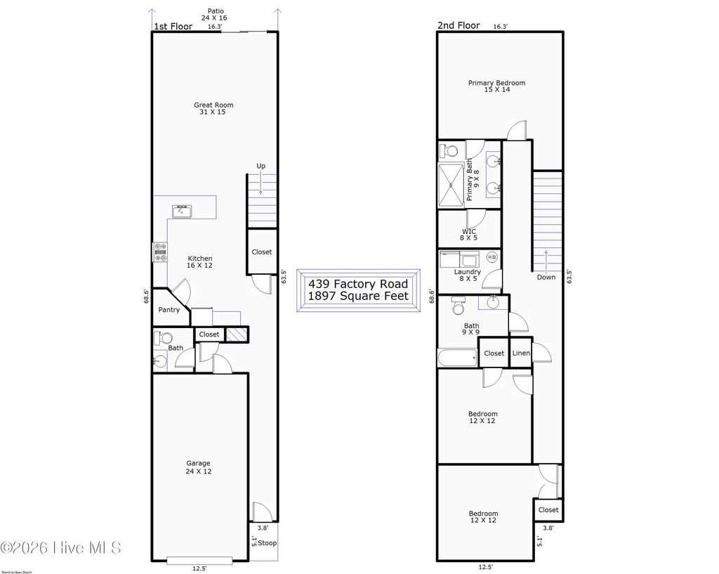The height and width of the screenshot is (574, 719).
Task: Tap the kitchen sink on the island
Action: pos(182,211)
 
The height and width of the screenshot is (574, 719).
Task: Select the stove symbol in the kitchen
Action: pos(160,252)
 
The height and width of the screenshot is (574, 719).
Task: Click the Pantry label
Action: pos(169,310)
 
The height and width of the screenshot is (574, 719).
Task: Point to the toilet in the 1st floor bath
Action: pos(159,338)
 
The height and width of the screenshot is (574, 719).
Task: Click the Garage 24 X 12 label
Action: pos(198,467)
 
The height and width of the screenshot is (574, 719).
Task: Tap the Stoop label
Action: pos(267,543)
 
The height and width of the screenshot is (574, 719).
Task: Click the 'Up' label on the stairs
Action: pos(260,166)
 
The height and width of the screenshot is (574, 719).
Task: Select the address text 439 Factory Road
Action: pos(358,284)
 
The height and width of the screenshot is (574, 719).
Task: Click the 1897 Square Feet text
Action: pos(358,296)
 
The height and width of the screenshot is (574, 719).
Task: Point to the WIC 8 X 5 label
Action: pos(468,235)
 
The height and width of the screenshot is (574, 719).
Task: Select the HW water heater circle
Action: pos(492,257)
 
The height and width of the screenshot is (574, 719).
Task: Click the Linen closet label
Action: pos(521,353)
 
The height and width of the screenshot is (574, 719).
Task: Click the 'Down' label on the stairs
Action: pos(546,277)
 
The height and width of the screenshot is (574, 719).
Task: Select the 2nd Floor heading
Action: pos(459,26)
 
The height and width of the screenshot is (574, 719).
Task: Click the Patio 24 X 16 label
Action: pos(214,15)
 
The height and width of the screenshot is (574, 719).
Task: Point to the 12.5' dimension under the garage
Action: pos(200,568)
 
